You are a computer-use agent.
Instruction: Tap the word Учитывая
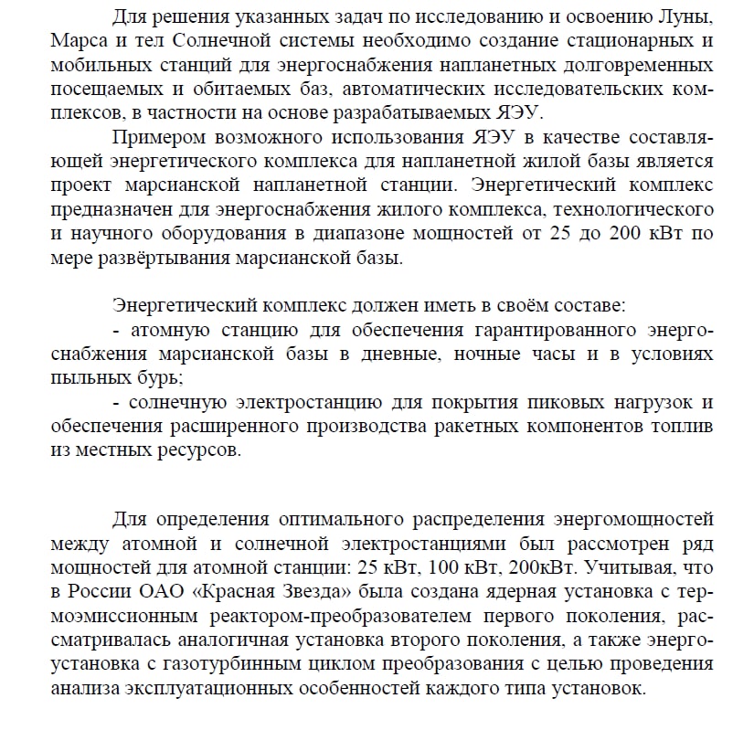click(x=623, y=568)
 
